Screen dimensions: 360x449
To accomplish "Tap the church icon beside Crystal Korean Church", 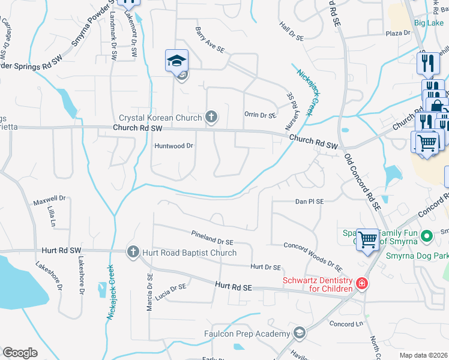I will (211, 117).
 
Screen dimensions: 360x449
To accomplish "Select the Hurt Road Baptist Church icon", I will (133, 253).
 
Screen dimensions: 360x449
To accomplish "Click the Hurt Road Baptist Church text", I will (189, 253).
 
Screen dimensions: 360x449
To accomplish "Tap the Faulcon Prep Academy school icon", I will (300, 334).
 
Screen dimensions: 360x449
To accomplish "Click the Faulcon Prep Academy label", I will (255, 334).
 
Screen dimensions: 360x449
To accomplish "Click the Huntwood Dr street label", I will (174, 146).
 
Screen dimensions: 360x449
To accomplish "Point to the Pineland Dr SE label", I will (212, 238).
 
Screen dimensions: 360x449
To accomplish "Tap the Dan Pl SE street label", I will (310, 202).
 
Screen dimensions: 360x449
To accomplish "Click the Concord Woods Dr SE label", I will (313, 251).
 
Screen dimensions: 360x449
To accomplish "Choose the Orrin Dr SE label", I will (260, 115).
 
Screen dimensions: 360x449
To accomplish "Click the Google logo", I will (20, 353).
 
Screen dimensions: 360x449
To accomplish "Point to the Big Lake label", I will (429, 23).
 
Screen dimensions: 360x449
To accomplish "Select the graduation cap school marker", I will (177, 61).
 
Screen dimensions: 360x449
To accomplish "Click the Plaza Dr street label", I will (397, 33).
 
